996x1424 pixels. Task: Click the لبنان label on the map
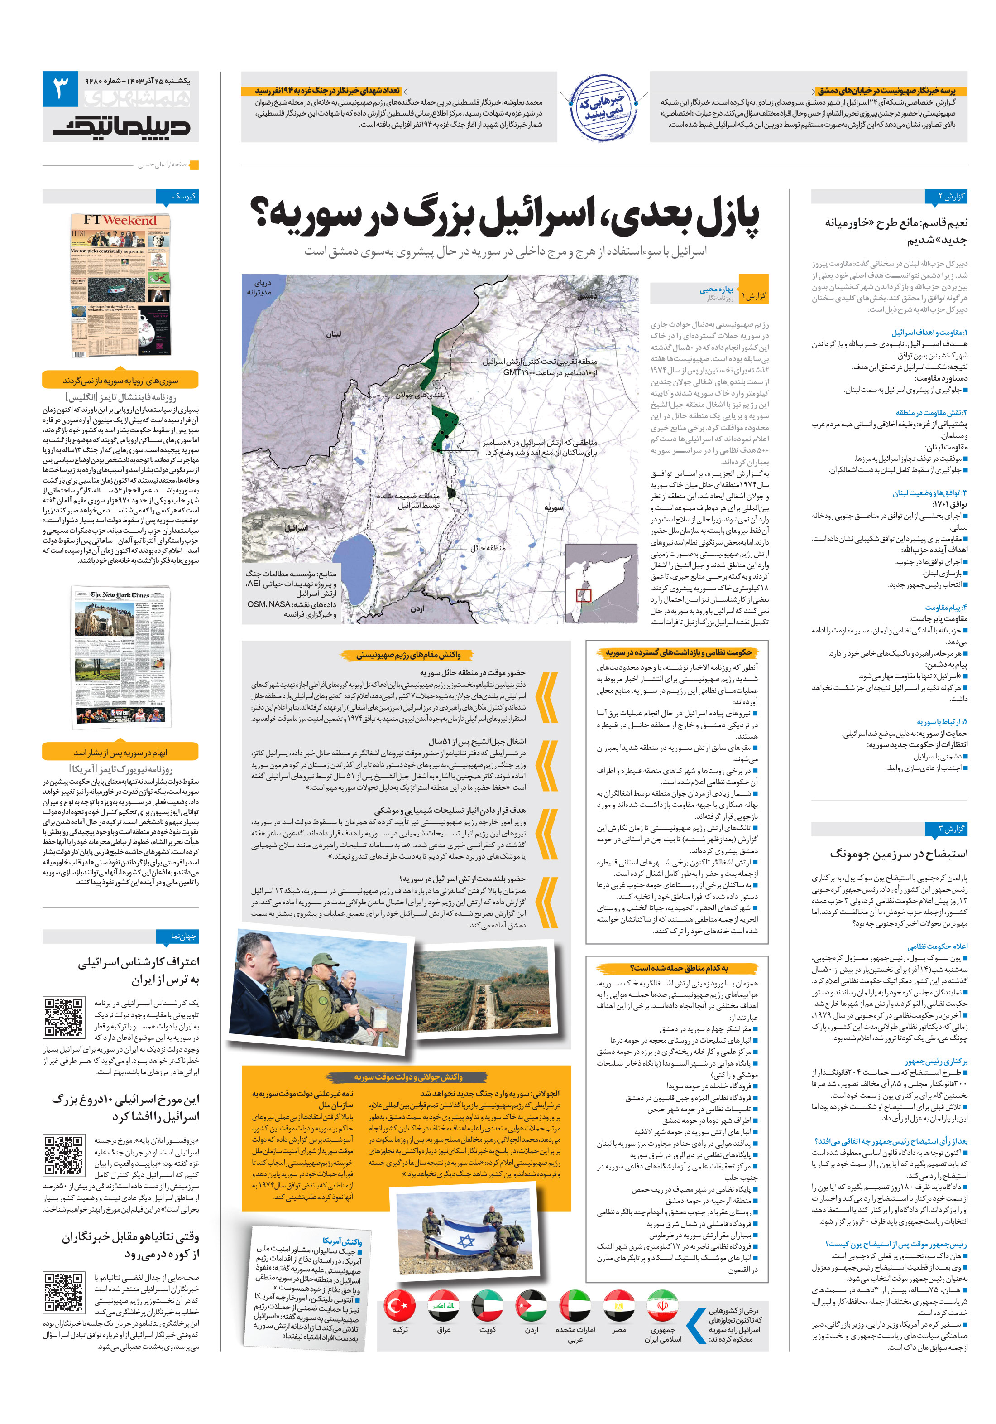click(x=334, y=334)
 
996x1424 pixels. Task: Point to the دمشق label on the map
click(x=587, y=296)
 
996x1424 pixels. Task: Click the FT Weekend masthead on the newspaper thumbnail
click(x=121, y=220)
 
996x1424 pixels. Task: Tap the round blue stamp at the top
click(x=603, y=108)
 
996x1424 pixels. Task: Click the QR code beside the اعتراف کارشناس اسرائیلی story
click(x=64, y=1017)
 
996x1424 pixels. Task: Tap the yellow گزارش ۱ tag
click(x=754, y=296)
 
